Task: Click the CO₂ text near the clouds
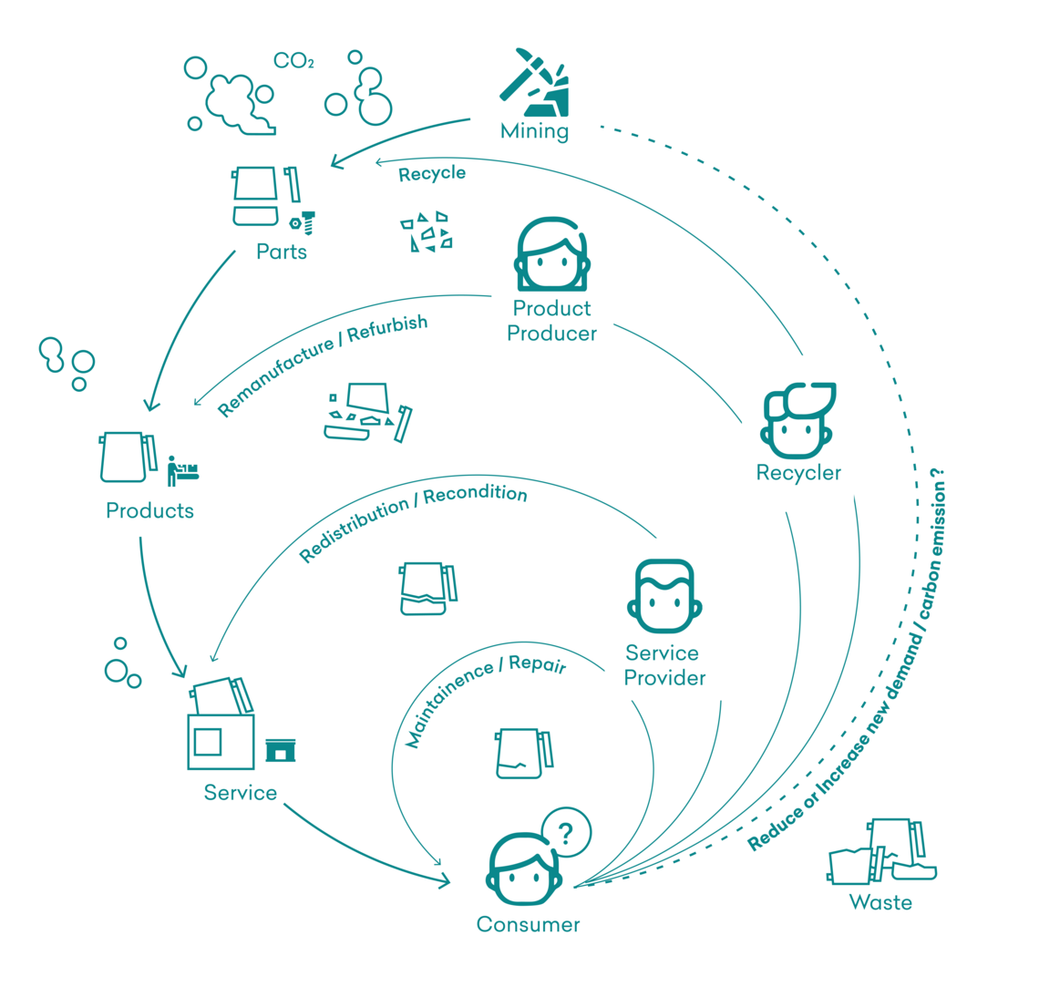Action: pos(293,61)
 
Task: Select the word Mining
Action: pos(535,131)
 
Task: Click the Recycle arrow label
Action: pos(432,173)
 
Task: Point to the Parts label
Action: pos(282,252)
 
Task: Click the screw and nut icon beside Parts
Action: pos(303,222)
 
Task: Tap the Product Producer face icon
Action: pos(552,254)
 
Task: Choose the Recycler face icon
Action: pos(797,420)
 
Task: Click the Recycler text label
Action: pos(798,472)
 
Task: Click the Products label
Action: pos(149,510)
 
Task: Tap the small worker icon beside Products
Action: pos(182,471)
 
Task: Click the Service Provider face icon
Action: pos(664,596)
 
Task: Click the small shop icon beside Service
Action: pos(281,751)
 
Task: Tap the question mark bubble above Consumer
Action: pos(567,833)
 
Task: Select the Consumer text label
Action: pos(528,924)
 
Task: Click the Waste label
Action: pos(880,902)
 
